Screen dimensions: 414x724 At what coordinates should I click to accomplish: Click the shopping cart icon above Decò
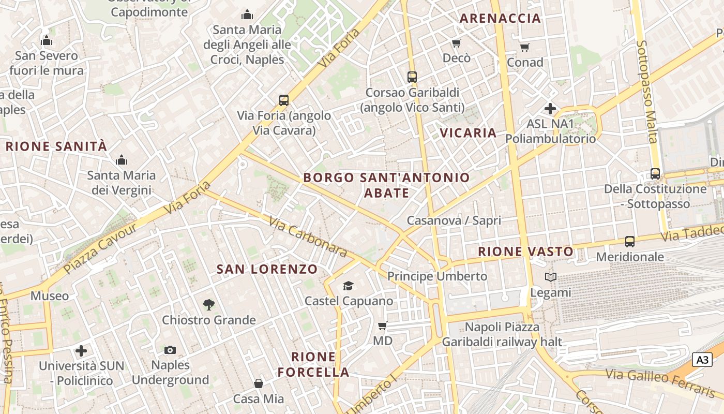[456, 43]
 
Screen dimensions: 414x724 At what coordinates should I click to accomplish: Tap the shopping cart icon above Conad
[525, 48]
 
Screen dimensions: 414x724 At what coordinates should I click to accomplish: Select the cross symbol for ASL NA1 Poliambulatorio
[550, 109]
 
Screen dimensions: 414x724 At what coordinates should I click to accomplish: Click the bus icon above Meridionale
[629, 241]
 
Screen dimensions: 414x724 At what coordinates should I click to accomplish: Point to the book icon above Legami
[551, 277]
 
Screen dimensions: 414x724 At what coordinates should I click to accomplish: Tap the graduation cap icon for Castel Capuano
[348, 286]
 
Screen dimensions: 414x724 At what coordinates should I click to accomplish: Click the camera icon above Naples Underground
[170, 350]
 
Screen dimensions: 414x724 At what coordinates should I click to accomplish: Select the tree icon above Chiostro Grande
[208, 304]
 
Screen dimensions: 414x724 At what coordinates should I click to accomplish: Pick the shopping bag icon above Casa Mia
[258, 383]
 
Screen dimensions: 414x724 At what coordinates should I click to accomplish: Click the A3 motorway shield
[702, 359]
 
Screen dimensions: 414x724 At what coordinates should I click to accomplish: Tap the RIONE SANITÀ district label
[56, 146]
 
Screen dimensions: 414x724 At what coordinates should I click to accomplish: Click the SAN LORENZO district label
[267, 269]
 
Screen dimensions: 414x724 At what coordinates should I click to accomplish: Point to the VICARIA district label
[468, 133]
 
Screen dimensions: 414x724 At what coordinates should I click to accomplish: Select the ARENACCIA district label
[500, 19]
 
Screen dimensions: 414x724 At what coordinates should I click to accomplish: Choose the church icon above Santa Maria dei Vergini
[122, 160]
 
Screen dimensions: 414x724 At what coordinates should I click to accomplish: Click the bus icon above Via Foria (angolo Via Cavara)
[283, 100]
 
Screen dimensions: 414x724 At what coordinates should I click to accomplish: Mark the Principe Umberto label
[437, 276]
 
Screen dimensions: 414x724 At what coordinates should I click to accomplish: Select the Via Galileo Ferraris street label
[660, 382]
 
